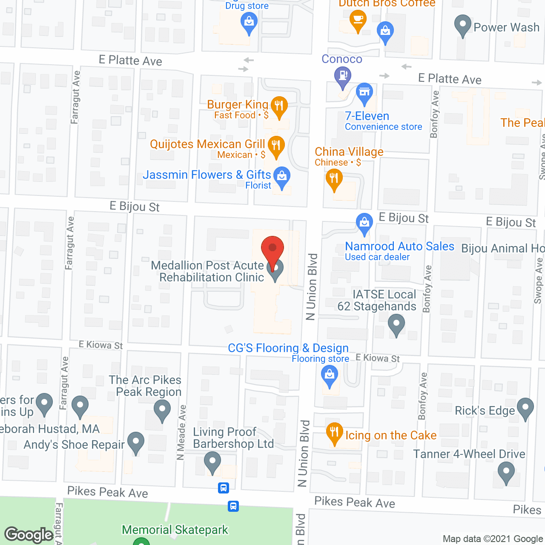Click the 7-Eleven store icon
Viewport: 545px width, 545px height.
(x=364, y=92)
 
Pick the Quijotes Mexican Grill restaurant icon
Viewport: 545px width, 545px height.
(x=276, y=146)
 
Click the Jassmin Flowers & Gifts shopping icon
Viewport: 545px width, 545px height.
(x=281, y=176)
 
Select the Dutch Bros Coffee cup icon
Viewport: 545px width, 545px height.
(x=358, y=19)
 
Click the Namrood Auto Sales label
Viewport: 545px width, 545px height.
(x=399, y=247)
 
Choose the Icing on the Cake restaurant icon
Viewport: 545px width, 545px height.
(x=335, y=432)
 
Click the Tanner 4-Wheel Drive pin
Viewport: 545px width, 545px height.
(x=506, y=472)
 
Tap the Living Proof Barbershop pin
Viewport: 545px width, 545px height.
(x=212, y=462)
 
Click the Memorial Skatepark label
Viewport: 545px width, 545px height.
(x=175, y=530)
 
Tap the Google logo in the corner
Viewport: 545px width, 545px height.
(x=29, y=535)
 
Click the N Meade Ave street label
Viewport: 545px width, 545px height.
(x=181, y=432)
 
